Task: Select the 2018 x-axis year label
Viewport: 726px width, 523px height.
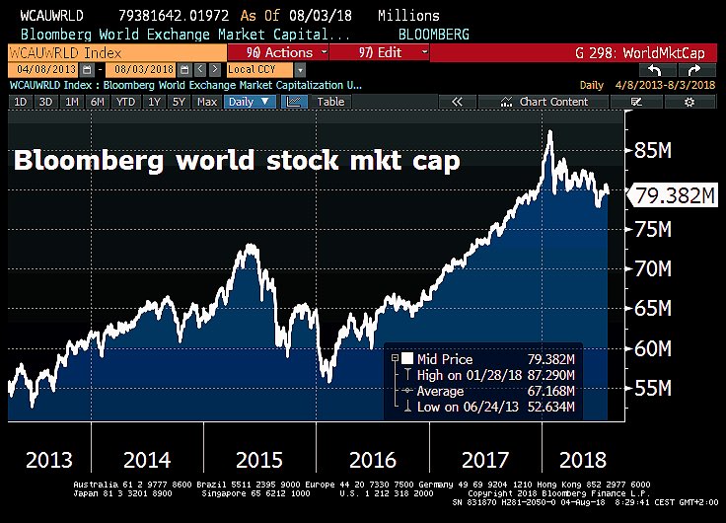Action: coord(583,459)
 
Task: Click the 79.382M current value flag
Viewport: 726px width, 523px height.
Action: coord(675,195)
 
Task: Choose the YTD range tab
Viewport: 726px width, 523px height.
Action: coord(125,101)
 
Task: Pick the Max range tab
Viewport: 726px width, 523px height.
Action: coord(207,101)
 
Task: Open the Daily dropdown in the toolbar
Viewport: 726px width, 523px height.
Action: coord(251,101)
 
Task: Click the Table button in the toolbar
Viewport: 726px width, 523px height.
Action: coord(330,101)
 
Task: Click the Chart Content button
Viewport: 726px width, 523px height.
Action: coord(552,101)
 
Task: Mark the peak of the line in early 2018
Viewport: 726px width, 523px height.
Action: coord(549,131)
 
